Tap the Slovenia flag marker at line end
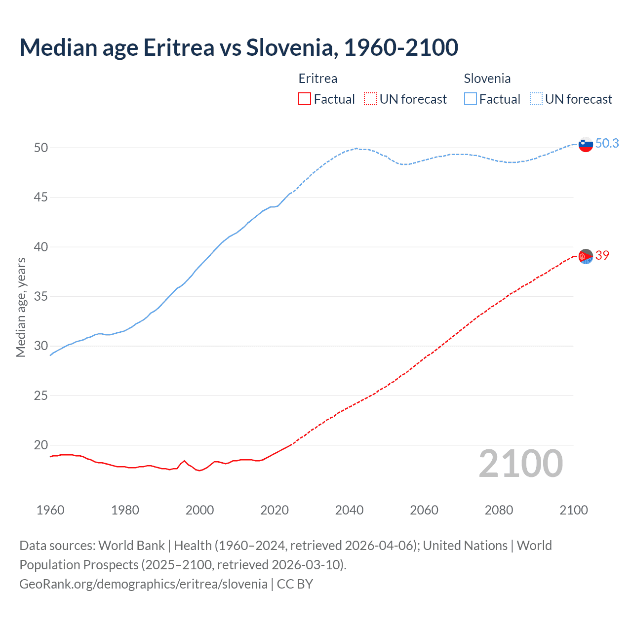(585, 144)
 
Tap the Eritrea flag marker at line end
(585, 256)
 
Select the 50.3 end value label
(607, 143)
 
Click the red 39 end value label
(602, 255)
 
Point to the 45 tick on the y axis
(41, 197)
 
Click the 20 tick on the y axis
(41, 445)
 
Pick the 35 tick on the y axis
(41, 297)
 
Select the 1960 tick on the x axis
(50, 510)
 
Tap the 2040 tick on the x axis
(349, 510)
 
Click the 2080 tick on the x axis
(499, 510)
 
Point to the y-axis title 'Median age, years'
(21, 307)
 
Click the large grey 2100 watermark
(520, 464)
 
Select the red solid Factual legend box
(305, 99)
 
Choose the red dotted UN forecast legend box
(370, 99)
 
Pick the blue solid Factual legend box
(471, 99)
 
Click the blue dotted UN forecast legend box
(536, 99)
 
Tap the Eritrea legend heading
(318, 79)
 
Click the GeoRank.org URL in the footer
(143, 584)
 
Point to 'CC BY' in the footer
(295, 584)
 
